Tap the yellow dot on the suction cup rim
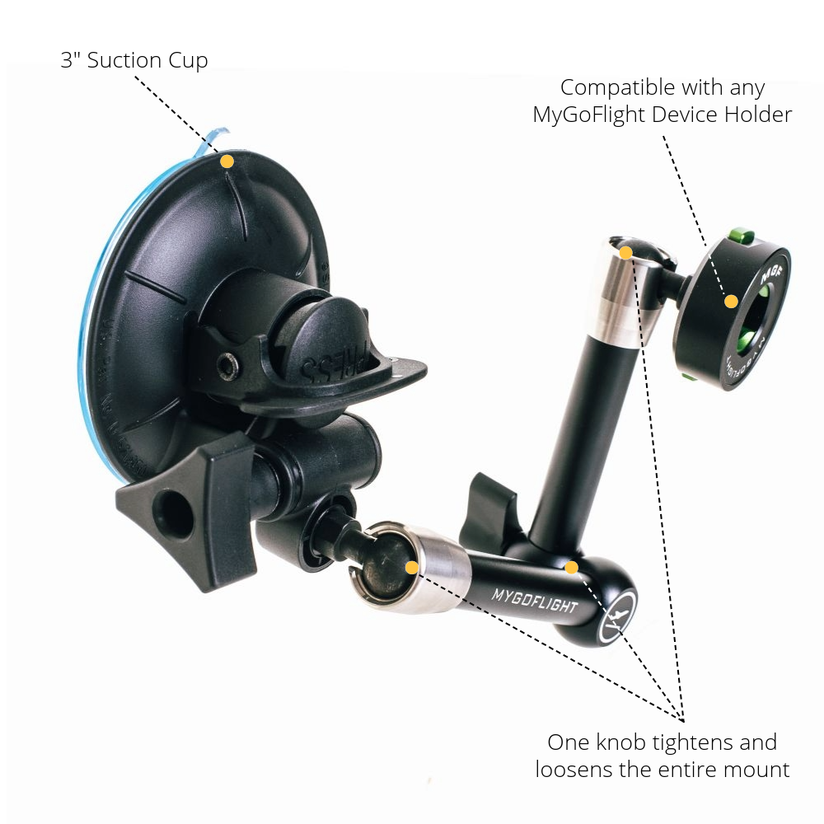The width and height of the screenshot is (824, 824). [227, 162]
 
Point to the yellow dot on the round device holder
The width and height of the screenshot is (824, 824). [730, 302]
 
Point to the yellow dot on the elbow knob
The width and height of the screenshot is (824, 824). [571, 567]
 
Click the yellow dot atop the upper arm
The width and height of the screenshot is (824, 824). [625, 253]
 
